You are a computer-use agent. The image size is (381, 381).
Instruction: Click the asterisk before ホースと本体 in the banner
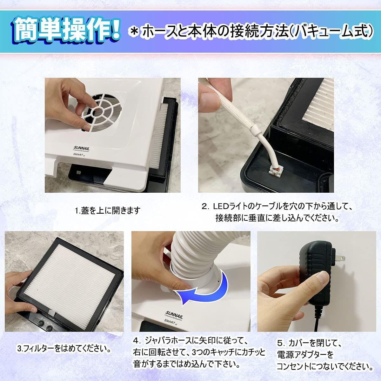[x=135, y=31]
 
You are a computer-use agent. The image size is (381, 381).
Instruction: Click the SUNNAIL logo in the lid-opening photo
[x=81, y=148]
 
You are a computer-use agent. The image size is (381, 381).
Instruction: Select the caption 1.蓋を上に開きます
[x=108, y=211]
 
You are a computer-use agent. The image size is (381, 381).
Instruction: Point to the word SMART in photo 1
[x=78, y=154]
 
